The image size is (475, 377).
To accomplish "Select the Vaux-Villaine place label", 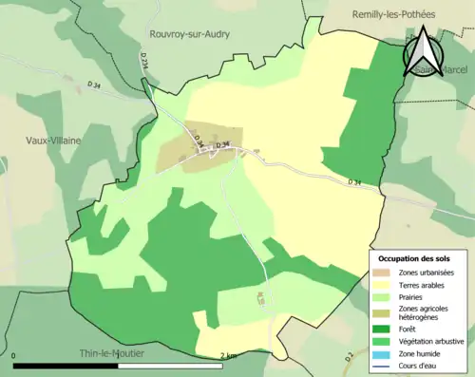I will tap(53, 140).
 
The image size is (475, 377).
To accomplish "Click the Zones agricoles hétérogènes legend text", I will tap(424, 312).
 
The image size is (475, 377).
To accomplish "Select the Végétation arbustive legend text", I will tap(430, 340).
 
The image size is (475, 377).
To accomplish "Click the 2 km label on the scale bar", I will tap(228, 356).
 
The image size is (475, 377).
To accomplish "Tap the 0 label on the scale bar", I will tap(14, 356).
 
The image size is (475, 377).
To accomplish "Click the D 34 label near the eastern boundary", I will tap(354, 181).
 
